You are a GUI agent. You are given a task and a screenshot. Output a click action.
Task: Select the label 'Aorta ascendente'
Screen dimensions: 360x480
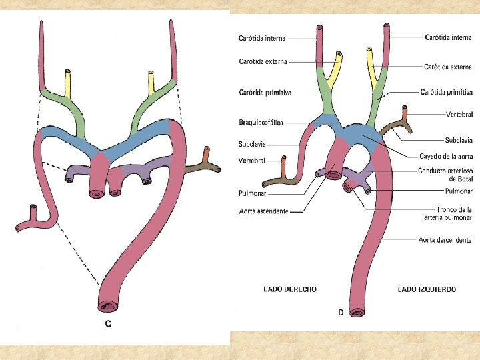pyautogui.click(x=263, y=211)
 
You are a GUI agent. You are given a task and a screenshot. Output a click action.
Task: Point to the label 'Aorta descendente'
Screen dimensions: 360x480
pyautogui.click(x=445, y=239)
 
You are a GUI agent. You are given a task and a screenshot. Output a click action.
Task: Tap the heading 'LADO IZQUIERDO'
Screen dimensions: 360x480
pyautogui.click(x=427, y=289)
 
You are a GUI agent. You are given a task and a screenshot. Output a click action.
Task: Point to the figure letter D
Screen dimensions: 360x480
pyautogui.click(x=341, y=312)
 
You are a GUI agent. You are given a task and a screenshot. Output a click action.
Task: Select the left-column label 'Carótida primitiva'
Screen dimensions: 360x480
pyautogui.click(x=265, y=93)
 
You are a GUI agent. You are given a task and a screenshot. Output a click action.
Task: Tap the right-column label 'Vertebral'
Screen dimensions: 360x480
pyautogui.click(x=459, y=115)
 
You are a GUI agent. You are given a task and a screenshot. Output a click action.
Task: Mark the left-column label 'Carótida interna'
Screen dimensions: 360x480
pyautogui.click(x=262, y=38)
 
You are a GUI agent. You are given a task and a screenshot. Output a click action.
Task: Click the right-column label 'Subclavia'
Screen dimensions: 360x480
pyautogui.click(x=459, y=141)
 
